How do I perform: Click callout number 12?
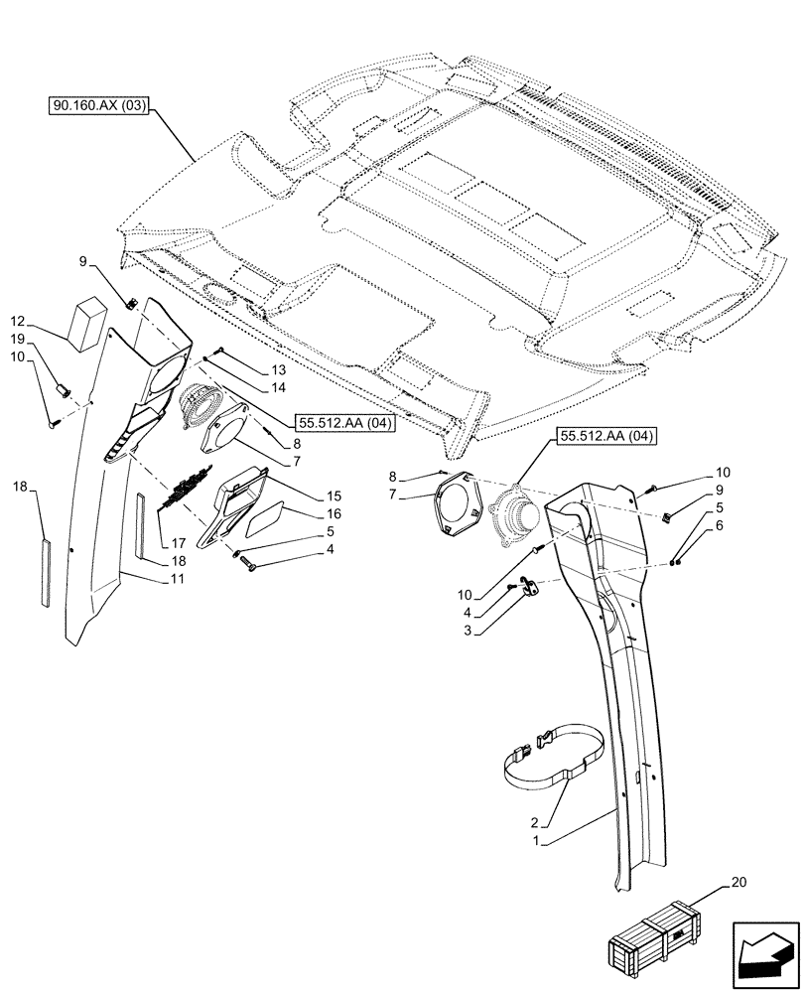pyautogui.click(x=18, y=322)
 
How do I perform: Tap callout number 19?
pyautogui.click(x=18, y=340)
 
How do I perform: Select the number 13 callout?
pyautogui.click(x=278, y=369)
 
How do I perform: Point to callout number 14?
pyautogui.click(x=278, y=387)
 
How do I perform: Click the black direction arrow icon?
pyautogui.click(x=764, y=950)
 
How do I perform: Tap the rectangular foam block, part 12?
pyautogui.click(x=87, y=319)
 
